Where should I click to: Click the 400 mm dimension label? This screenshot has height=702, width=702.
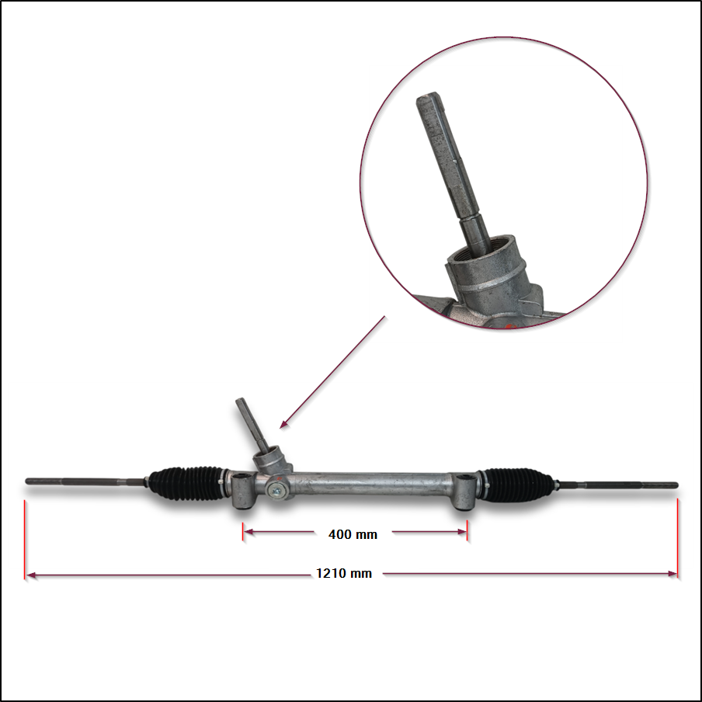pyautogui.click(x=353, y=534)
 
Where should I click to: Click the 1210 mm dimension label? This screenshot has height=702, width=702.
pyautogui.click(x=344, y=573)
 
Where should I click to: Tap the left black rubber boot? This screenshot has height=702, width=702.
pyautogui.click(x=187, y=484)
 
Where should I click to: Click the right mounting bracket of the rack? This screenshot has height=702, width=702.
pyautogui.click(x=464, y=492)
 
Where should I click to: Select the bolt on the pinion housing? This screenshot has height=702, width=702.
pyautogui.click(x=276, y=491)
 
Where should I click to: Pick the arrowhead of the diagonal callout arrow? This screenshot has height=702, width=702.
pyautogui.click(x=284, y=424)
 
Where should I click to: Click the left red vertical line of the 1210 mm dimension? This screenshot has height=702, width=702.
pyautogui.click(x=25, y=540)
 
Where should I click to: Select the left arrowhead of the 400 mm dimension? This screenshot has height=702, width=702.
pyautogui.click(x=248, y=532)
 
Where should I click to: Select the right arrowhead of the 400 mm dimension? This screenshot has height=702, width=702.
pyautogui.click(x=462, y=532)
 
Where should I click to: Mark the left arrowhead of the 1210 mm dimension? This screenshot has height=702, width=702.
pyautogui.click(x=31, y=575)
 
